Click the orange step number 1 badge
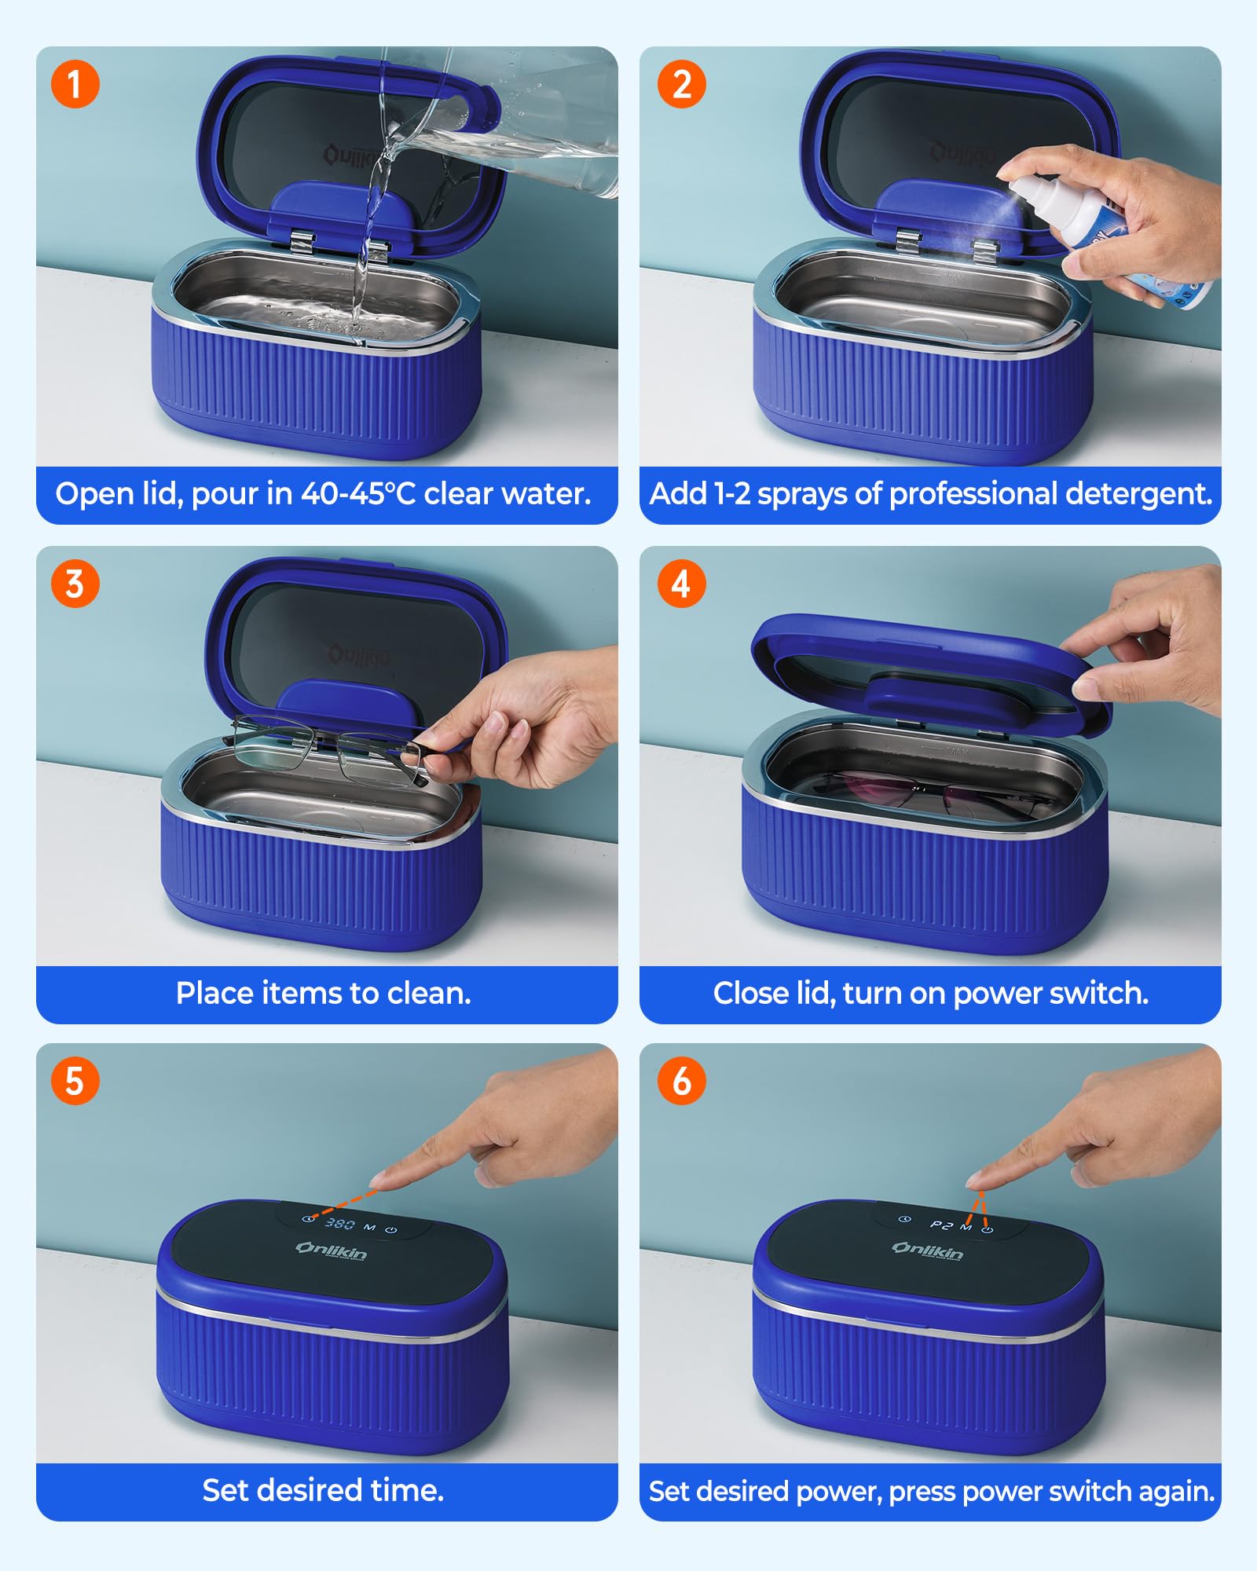click(75, 84)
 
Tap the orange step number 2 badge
click(681, 84)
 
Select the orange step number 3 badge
click(75, 584)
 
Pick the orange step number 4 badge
click(681, 584)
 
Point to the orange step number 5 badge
click(75, 1081)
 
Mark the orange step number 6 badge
click(681, 1081)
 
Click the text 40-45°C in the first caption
click(358, 493)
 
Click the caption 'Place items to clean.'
click(324, 994)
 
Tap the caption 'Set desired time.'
click(324, 1490)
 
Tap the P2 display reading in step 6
click(941, 1225)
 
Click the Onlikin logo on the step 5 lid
click(331, 1251)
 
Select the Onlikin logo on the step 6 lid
click(927, 1251)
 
